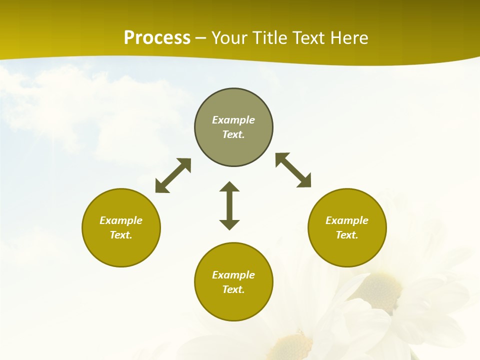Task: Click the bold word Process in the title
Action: (157, 38)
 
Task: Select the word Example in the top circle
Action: (233, 120)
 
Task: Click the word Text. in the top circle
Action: (233, 134)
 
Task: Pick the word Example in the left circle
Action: (121, 220)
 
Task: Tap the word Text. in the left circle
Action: (121, 235)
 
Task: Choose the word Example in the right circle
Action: (347, 220)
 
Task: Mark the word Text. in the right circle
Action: (347, 235)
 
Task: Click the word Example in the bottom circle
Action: (233, 275)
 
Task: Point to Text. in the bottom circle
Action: (233, 289)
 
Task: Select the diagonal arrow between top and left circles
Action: (173, 175)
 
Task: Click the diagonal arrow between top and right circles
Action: (293, 170)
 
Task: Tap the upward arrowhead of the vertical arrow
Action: (229, 186)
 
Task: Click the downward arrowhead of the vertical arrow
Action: (229, 224)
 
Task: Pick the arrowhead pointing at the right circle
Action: (304, 181)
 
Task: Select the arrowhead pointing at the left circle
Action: (161, 186)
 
